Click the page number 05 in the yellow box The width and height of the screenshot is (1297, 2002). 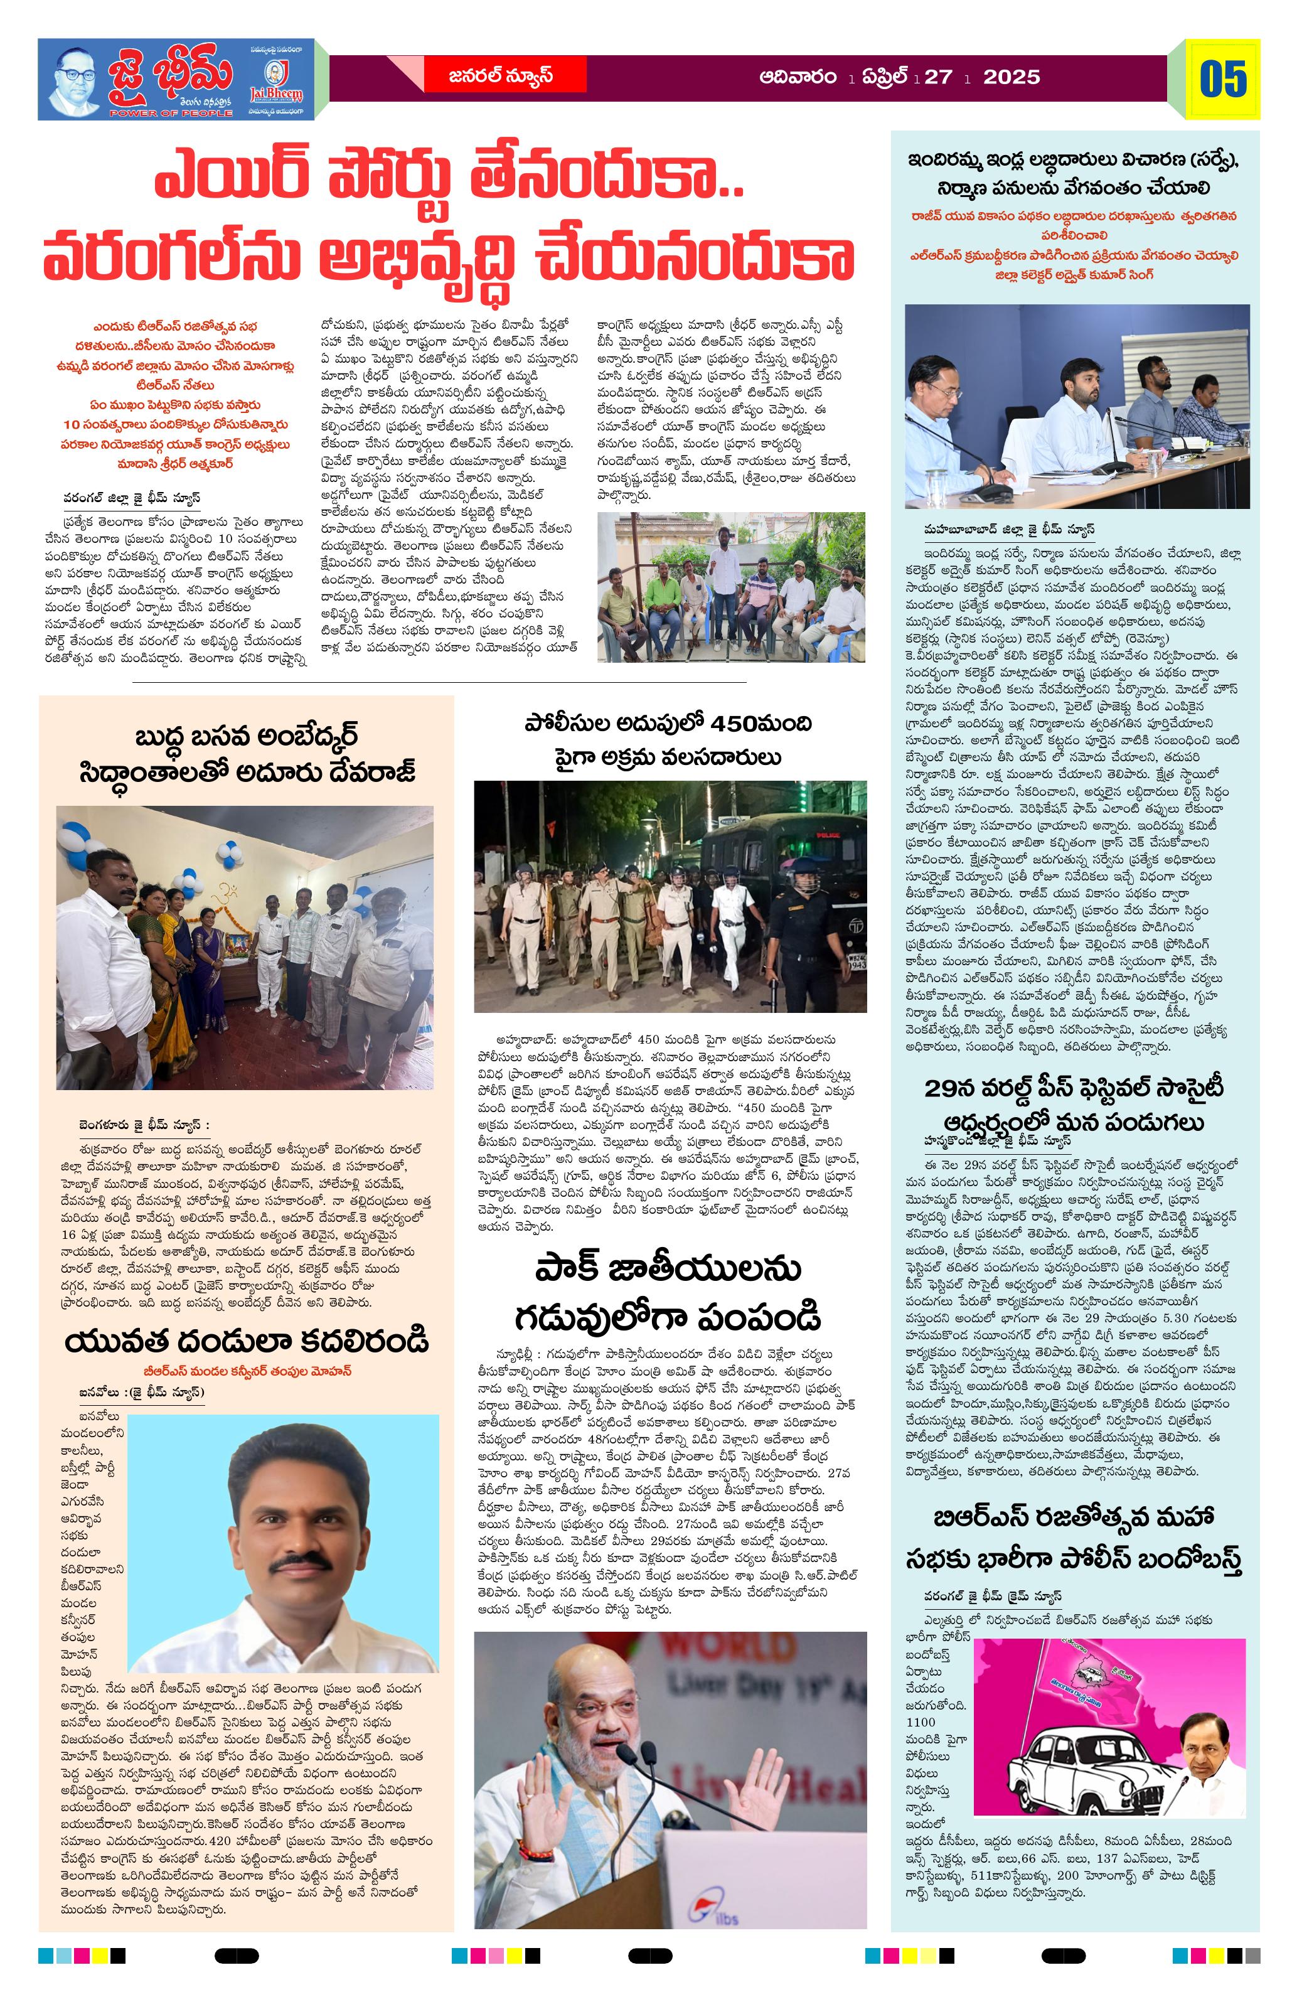coord(1223,80)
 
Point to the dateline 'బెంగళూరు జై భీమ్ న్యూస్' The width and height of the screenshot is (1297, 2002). coord(144,1125)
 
